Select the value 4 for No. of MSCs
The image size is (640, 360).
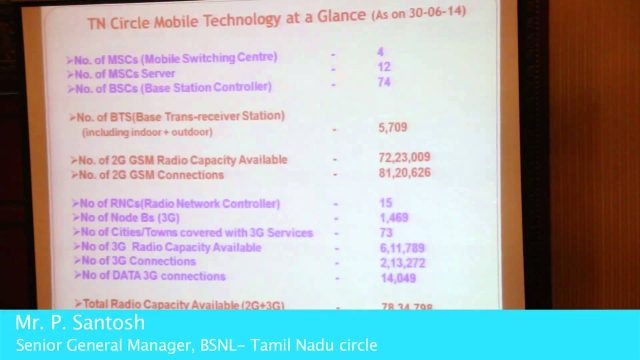tap(381, 51)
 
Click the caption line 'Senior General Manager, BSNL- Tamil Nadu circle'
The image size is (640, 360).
tap(196, 345)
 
